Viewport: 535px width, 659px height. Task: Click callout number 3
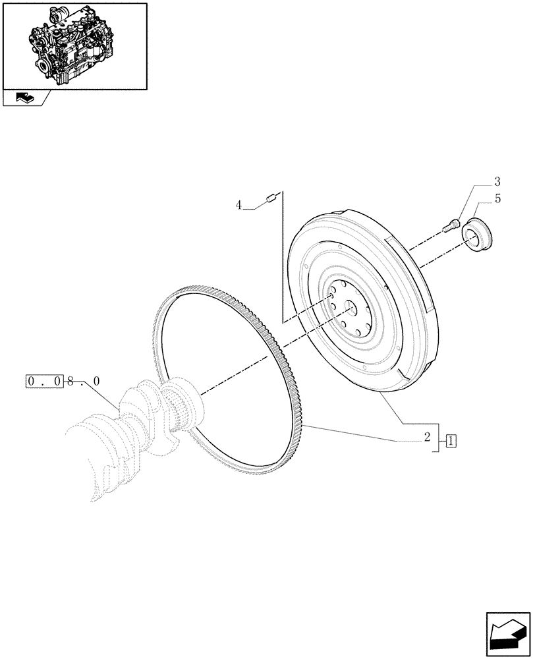pyautogui.click(x=497, y=182)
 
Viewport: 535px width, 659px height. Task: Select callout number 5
pyautogui.click(x=497, y=198)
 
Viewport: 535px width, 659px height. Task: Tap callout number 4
pyautogui.click(x=239, y=206)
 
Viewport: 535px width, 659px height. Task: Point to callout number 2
pyautogui.click(x=428, y=436)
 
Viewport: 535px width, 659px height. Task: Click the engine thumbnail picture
pyautogui.click(x=74, y=45)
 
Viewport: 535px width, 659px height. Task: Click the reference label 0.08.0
pyautogui.click(x=63, y=381)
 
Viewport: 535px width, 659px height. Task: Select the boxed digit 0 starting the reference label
pyautogui.click(x=32, y=381)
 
